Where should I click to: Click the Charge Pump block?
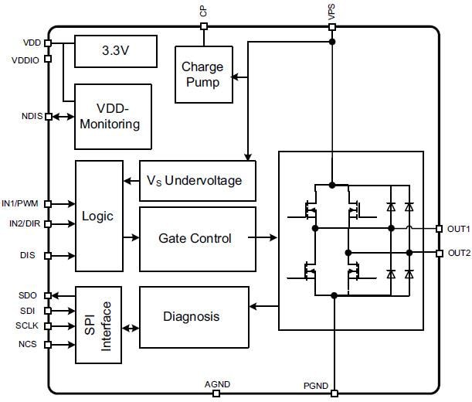point(202,74)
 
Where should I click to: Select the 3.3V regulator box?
point(115,51)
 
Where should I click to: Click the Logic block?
point(98,216)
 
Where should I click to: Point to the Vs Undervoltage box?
point(197,180)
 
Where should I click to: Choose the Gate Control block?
point(197,238)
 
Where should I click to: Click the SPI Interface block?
point(98,324)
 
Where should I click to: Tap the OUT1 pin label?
point(458,229)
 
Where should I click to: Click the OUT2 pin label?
point(458,253)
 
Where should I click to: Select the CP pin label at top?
point(203,12)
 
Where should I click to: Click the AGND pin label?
point(216,384)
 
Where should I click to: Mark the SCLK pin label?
point(27,325)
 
